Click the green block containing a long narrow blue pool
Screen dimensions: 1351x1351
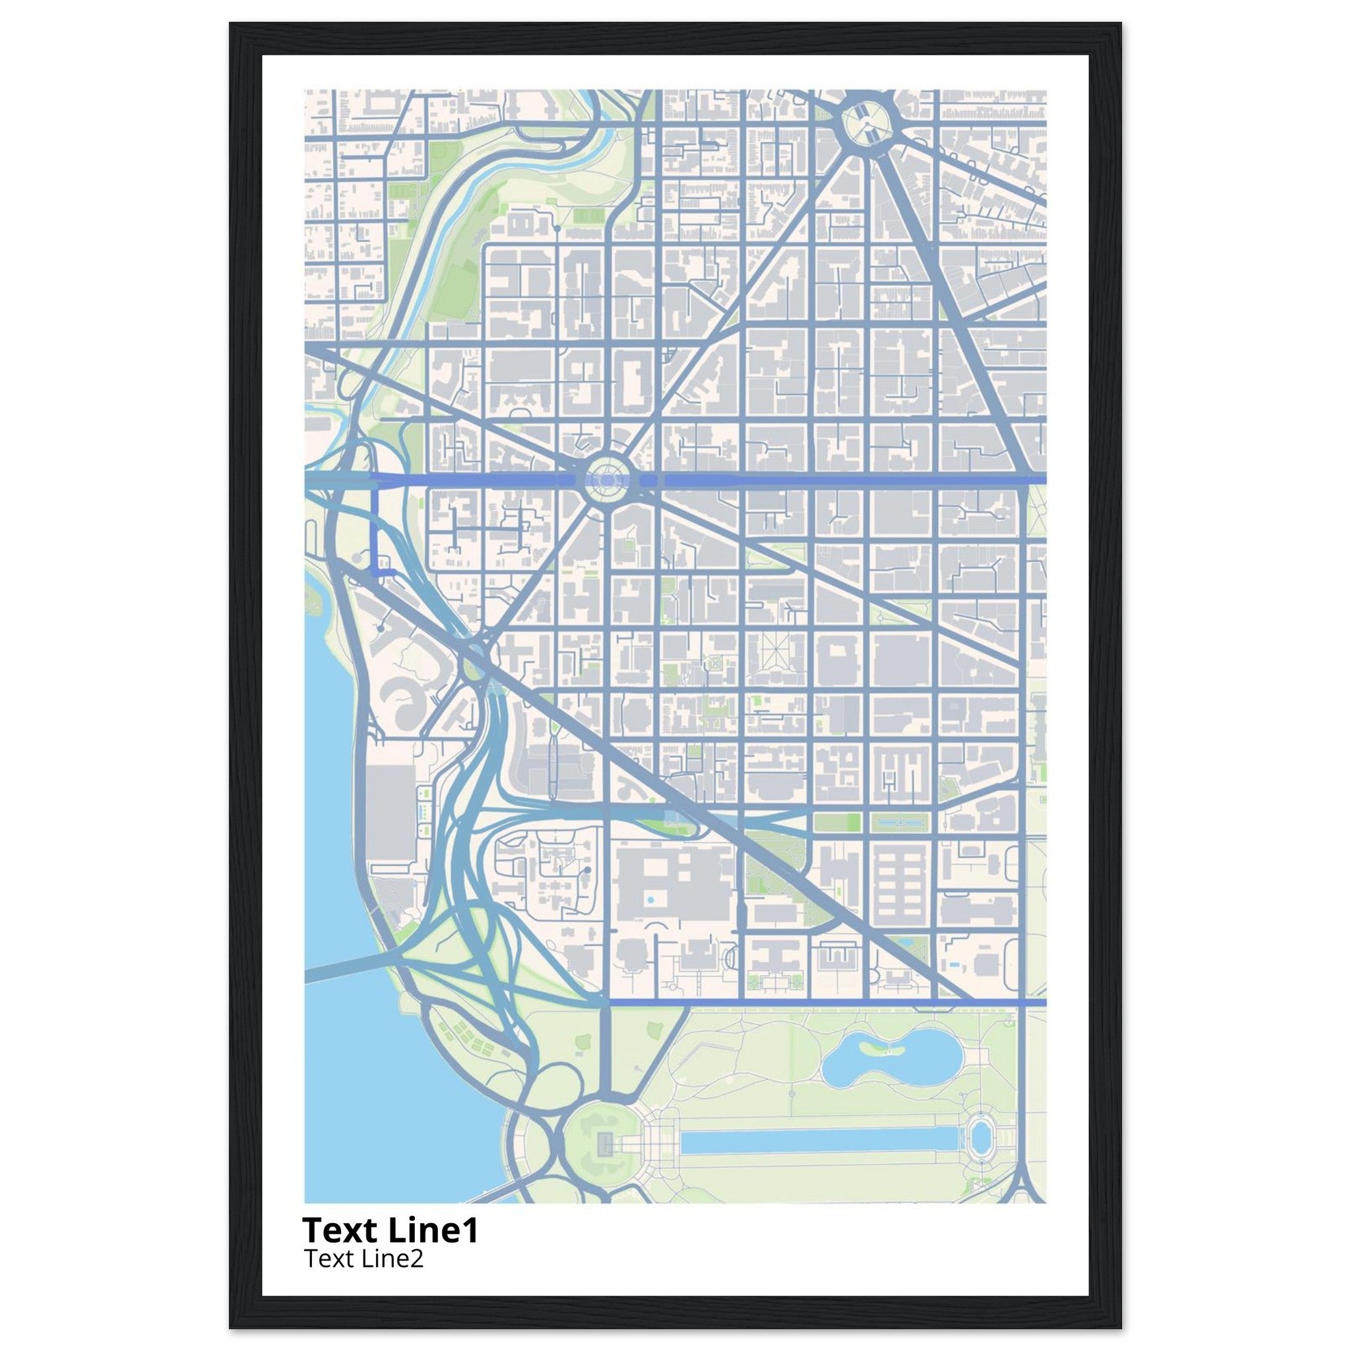900,822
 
